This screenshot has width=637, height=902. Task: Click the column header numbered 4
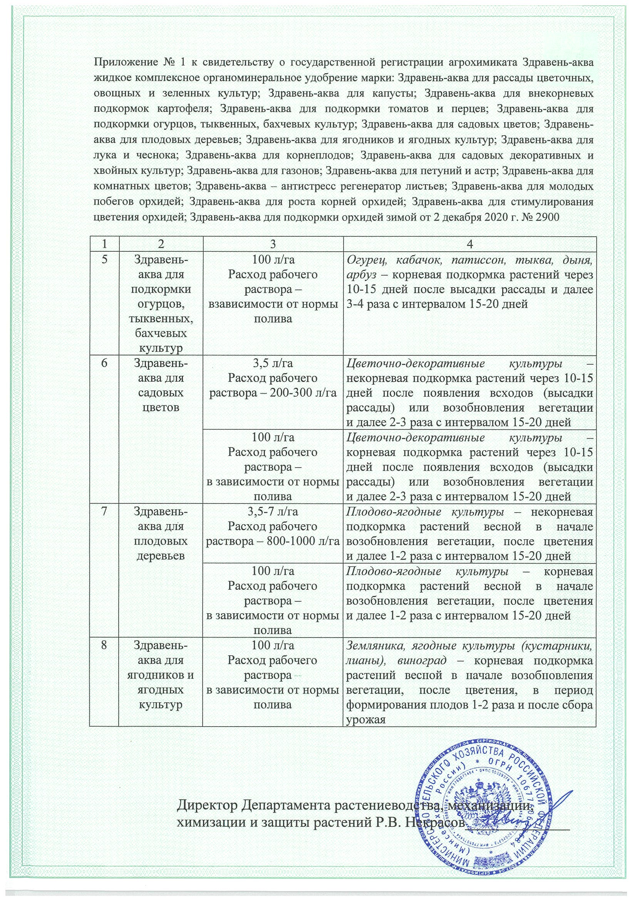click(469, 244)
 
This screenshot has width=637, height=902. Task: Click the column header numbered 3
click(273, 244)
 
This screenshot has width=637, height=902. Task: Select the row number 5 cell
click(104, 260)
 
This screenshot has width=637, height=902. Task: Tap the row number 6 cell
click(104, 363)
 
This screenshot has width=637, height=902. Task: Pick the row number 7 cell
click(104, 512)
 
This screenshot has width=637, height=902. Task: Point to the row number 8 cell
click(104, 645)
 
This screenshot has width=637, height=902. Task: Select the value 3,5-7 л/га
click(273, 512)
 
